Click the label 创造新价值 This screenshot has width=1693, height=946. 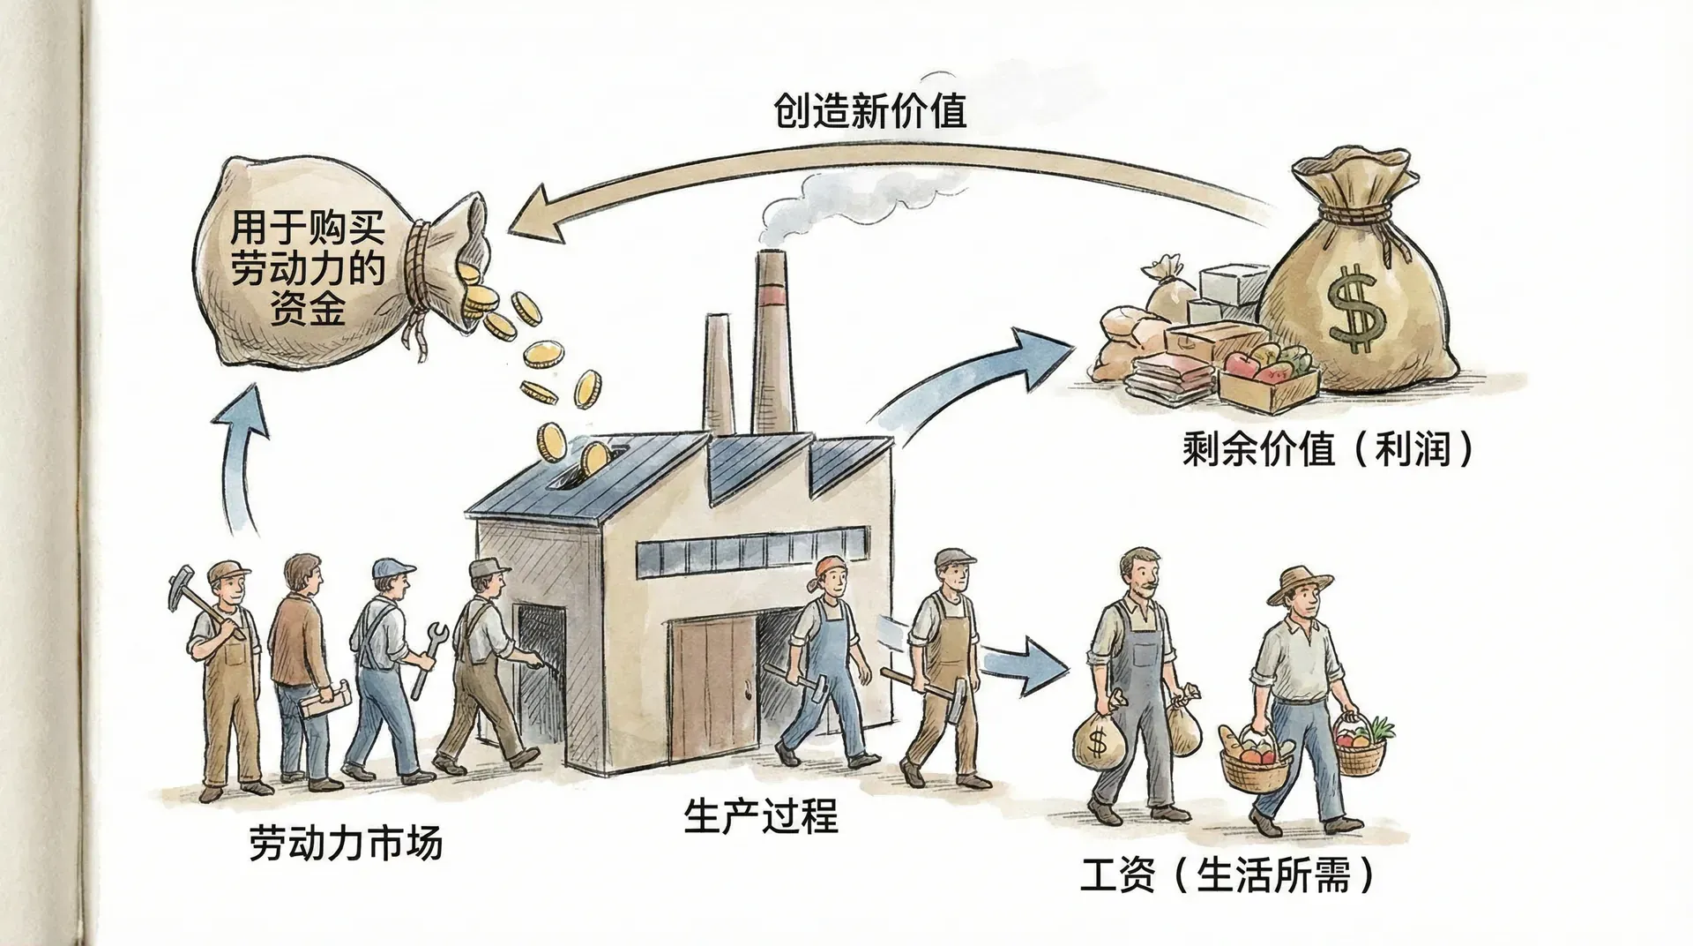[869, 112]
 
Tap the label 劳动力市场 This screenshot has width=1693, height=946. [345, 844]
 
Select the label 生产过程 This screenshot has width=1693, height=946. [760, 816]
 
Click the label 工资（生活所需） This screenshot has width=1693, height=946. [1227, 877]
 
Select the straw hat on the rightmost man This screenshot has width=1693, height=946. [1301, 583]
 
